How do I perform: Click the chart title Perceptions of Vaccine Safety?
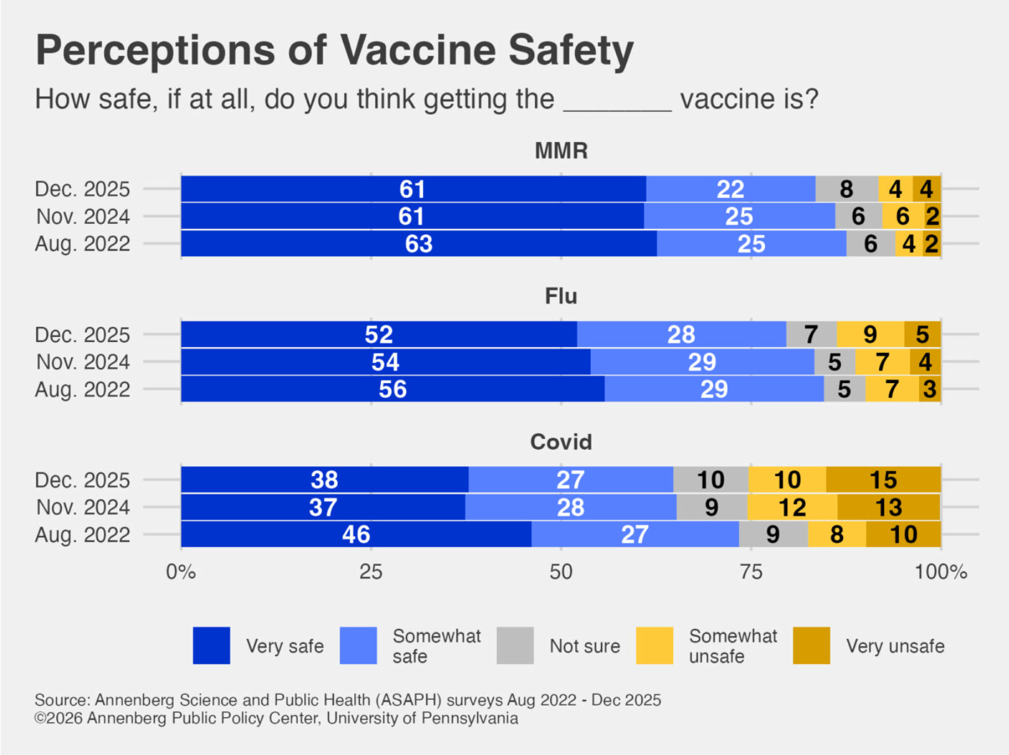(x=334, y=50)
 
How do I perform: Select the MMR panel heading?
(x=561, y=151)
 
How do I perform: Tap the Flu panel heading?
(x=561, y=296)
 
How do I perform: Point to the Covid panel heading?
(x=561, y=442)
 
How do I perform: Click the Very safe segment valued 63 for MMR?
(x=418, y=244)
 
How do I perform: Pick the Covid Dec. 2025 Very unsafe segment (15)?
(x=883, y=480)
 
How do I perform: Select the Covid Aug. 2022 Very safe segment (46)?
(x=356, y=535)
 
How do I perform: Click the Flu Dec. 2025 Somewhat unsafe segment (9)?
(x=870, y=334)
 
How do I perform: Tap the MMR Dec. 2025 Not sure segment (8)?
(x=847, y=189)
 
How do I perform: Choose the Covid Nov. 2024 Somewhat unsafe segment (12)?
(x=792, y=508)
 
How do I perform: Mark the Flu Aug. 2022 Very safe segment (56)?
(x=392, y=390)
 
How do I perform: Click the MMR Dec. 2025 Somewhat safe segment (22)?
(x=730, y=189)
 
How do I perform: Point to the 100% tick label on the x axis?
(x=941, y=572)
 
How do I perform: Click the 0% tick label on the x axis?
(x=181, y=572)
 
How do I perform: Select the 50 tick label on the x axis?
(x=561, y=572)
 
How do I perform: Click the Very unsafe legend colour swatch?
(x=811, y=646)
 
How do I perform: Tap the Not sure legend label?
(x=584, y=646)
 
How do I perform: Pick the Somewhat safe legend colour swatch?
(x=358, y=646)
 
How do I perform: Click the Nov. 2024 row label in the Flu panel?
(x=83, y=362)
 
